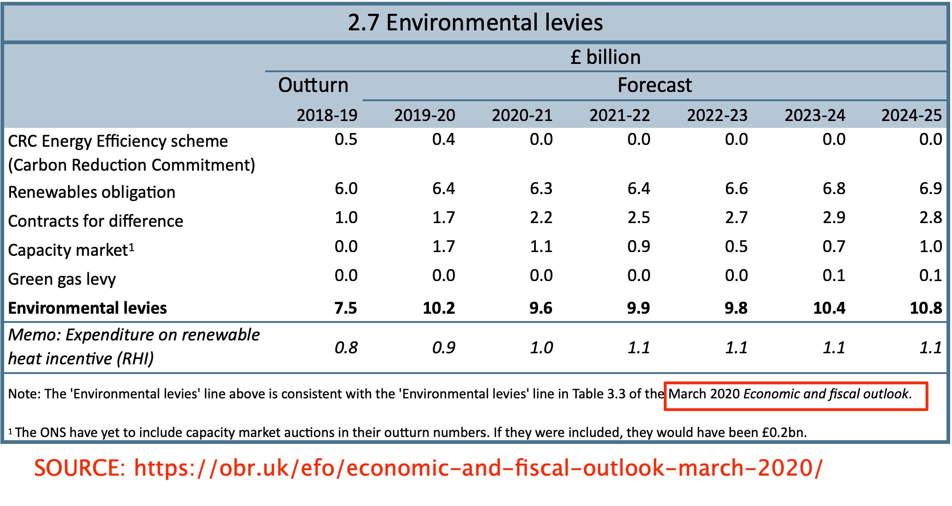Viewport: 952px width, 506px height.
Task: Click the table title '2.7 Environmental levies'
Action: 475,23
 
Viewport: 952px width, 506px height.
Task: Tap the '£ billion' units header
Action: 605,57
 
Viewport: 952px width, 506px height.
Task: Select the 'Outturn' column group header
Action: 313,86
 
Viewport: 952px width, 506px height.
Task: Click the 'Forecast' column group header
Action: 654,86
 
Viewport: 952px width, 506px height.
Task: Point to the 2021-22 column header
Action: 620,115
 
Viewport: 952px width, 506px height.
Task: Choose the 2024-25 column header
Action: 911,115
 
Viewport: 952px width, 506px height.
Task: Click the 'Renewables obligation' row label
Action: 92,192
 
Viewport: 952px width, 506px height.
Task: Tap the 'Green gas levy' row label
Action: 62,279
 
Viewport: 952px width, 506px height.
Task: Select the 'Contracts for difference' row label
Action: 96,221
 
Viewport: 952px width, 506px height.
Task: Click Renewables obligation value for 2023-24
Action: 834,189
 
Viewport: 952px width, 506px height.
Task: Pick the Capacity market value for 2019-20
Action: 443,247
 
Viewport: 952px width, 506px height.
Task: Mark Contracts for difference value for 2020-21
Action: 541,218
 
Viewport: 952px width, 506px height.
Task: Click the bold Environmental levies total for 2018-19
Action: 345,308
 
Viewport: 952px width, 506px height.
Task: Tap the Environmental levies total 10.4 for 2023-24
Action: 829,308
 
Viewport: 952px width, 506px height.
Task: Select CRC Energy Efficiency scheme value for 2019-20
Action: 443,139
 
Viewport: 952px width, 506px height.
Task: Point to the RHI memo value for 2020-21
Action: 541,348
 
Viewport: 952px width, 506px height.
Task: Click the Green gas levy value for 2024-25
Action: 930,276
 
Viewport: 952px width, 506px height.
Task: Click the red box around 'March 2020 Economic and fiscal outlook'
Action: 795,396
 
